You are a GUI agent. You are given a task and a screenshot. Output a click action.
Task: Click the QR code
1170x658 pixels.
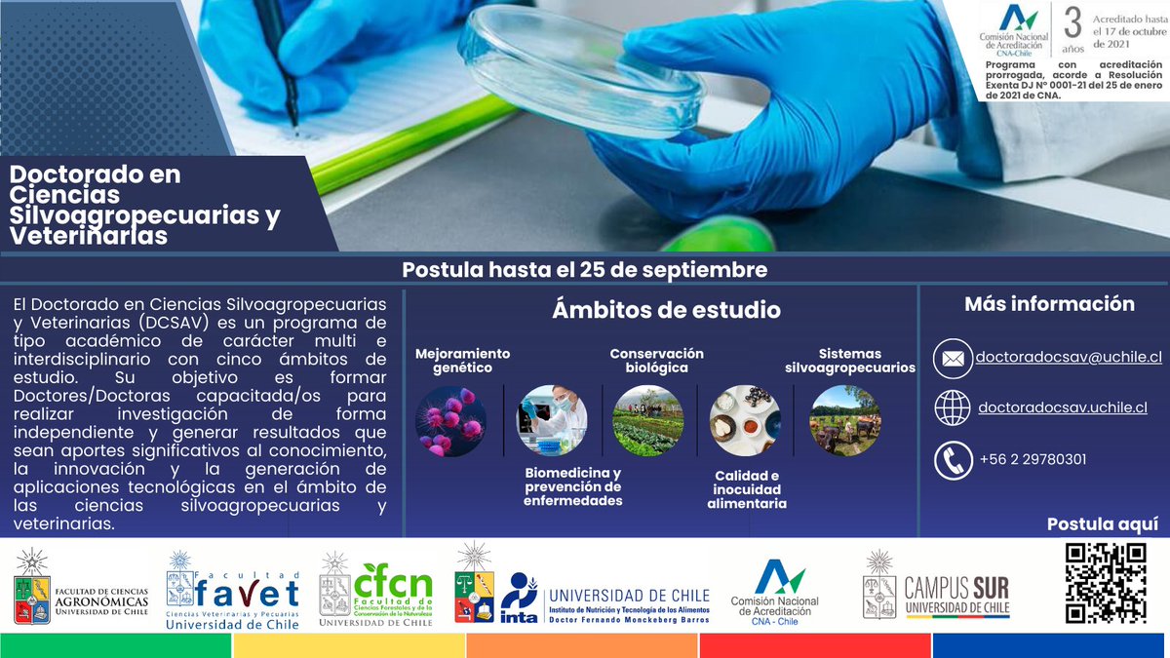pyautogui.click(x=1105, y=583)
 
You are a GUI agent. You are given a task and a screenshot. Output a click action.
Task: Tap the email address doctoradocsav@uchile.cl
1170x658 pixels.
pyautogui.click(x=1070, y=358)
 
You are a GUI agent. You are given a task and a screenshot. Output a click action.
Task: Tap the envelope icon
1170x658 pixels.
pyautogui.click(x=953, y=359)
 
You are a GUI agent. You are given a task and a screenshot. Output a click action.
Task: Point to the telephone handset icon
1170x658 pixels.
pyautogui.click(x=953, y=460)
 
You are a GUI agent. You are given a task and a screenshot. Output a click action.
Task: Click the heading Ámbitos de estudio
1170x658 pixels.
pyautogui.click(x=666, y=310)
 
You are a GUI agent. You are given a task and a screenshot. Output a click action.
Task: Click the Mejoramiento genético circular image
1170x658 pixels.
pyautogui.click(x=450, y=421)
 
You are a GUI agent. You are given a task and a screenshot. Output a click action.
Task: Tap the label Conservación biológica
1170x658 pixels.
pyautogui.click(x=656, y=361)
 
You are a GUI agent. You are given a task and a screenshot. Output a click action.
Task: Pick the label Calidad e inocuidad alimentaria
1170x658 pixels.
pyautogui.click(x=747, y=489)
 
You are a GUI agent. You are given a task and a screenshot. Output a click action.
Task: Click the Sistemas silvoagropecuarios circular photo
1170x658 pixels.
pyautogui.click(x=844, y=421)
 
